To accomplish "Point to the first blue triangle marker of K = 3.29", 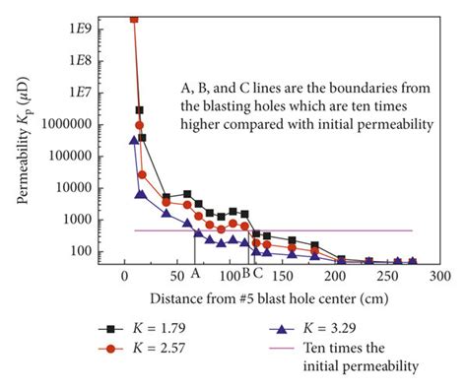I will point(134,141).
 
